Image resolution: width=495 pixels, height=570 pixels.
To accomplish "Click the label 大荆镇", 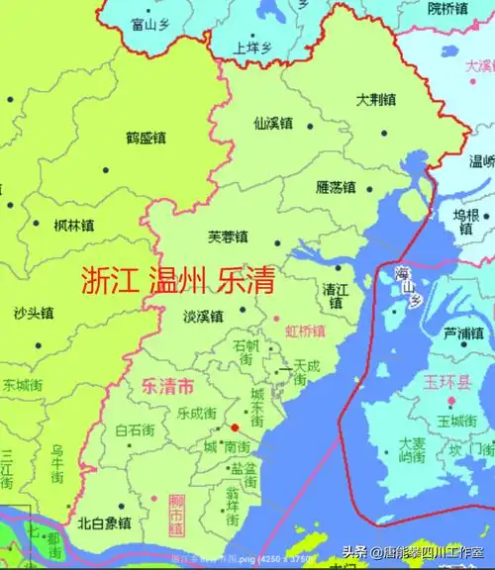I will [377, 101].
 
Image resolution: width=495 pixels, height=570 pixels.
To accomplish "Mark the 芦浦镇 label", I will [462, 332].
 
